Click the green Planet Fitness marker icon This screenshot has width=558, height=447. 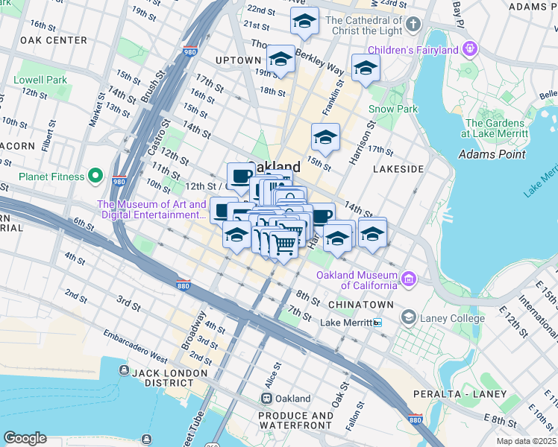pos(95,177)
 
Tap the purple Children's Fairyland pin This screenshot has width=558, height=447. pos(469,50)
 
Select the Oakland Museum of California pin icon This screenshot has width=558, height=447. pos(408,279)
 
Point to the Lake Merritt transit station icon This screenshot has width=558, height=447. pos(378,323)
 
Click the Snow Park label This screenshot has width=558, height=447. pos(392,109)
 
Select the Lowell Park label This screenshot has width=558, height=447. pos(40,80)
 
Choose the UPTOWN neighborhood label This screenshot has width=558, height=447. pos(238,60)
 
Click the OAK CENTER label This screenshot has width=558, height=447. pos(54,40)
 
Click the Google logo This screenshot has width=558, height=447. pos(25,438)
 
